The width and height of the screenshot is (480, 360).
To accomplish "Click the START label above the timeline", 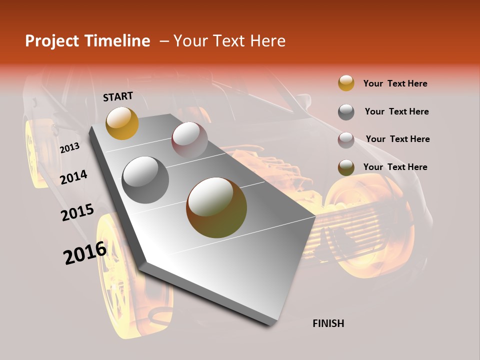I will pos(118,96).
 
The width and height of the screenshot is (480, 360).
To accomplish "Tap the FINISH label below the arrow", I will pos(328,323).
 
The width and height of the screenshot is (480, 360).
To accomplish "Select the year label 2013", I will pos(69,148).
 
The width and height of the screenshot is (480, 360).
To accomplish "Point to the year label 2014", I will pos(74,177).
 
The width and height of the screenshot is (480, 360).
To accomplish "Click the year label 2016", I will pos(85,253).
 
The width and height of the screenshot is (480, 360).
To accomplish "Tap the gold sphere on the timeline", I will pos(122,123).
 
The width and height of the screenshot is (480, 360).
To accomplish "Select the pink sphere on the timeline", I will pos(189,140).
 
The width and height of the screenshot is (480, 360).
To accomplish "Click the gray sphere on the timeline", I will pos(145,179).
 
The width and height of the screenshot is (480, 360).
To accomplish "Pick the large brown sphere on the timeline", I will pos(216,207).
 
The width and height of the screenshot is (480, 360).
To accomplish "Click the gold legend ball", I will pos(346,83).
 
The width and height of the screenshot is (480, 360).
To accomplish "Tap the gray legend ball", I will pos(346,111).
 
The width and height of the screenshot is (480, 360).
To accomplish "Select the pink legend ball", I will pos(346,139).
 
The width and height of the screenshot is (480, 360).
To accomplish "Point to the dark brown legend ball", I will pos(346,167).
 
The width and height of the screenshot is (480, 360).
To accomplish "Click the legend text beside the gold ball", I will pos(395,83).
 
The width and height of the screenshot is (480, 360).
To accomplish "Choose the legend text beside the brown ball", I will pos(395,167).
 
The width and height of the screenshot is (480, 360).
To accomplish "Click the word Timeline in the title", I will pos(117,41).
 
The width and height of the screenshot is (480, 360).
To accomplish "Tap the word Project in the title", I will pos(51,41).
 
